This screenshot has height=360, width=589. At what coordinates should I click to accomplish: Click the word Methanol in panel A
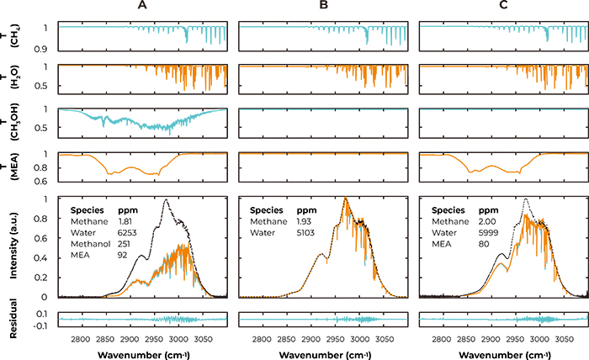(88, 244)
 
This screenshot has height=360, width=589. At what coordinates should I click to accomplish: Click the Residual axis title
(12, 323)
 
